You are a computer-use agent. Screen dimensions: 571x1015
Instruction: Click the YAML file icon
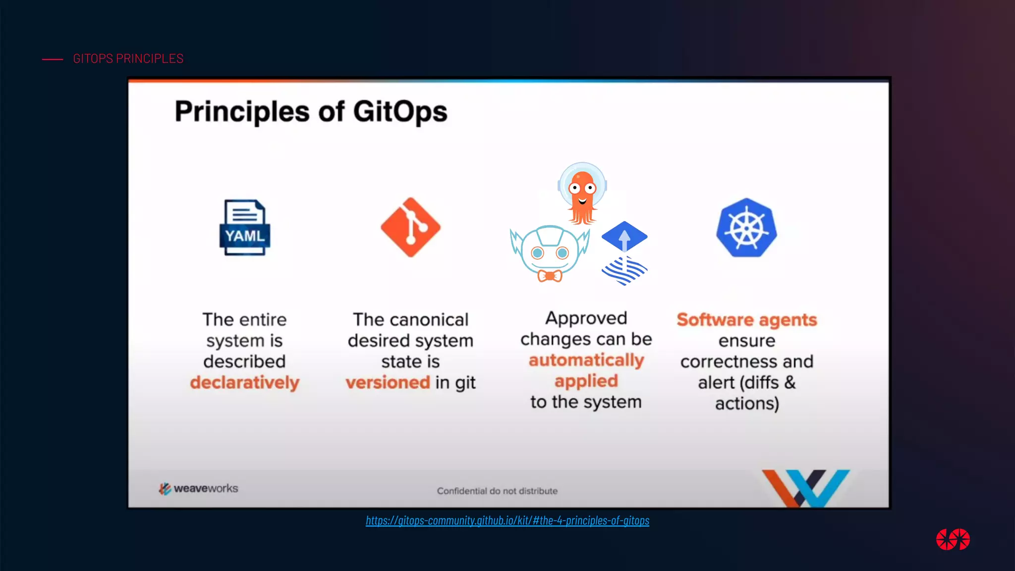pyautogui.click(x=245, y=228)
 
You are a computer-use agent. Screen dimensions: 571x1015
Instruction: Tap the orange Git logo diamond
pyautogui.click(x=410, y=228)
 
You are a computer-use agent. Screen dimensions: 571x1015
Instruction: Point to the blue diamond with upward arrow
pyautogui.click(x=624, y=236)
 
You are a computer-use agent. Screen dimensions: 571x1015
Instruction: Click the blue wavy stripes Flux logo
pyautogui.click(x=624, y=271)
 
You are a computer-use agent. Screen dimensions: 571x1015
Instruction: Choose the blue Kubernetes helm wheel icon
pyautogui.click(x=746, y=228)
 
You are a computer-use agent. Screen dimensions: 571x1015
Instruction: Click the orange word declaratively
pyautogui.click(x=245, y=383)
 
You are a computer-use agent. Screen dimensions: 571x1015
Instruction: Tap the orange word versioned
pyautogui.click(x=388, y=383)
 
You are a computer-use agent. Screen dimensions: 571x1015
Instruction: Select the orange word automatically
pyautogui.click(x=586, y=360)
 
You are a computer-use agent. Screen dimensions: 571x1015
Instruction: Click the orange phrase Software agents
pyautogui.click(x=746, y=320)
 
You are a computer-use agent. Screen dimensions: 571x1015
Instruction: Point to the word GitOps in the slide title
pyautogui.click(x=400, y=112)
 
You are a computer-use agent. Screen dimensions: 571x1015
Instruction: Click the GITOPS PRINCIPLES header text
pyautogui.click(x=128, y=58)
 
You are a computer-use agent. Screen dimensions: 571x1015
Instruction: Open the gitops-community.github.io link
pyautogui.click(x=507, y=520)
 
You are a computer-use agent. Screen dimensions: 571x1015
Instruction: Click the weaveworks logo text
pyautogui.click(x=205, y=489)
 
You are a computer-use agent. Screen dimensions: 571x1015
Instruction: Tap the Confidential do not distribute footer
pyautogui.click(x=497, y=491)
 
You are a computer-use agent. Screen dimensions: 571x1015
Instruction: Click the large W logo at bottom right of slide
pyautogui.click(x=806, y=488)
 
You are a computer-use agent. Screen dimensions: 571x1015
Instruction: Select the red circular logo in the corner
pyautogui.click(x=953, y=539)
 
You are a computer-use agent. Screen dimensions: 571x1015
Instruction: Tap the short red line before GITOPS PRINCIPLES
pyautogui.click(x=53, y=59)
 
